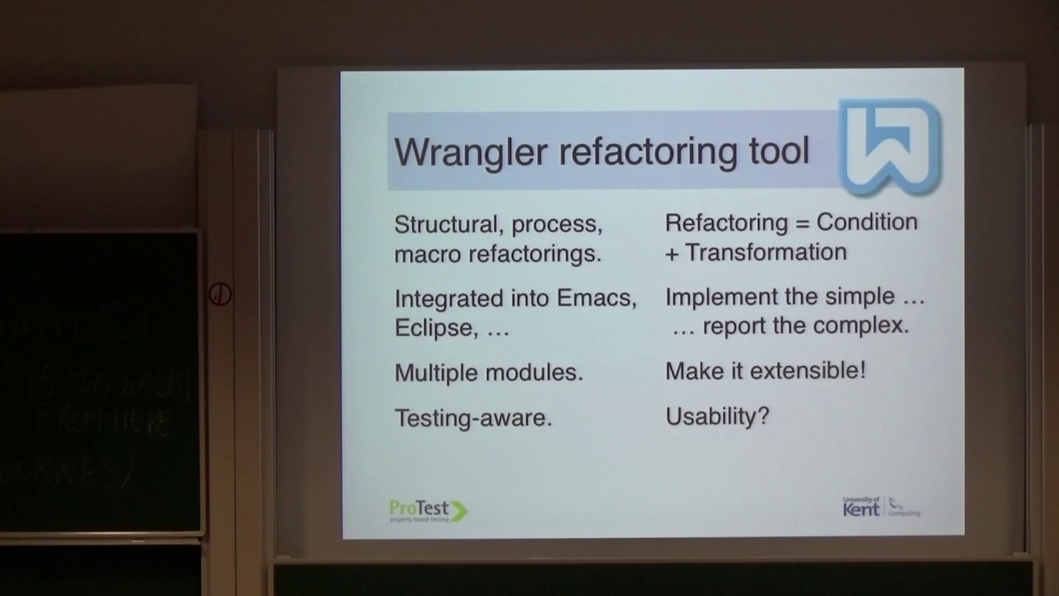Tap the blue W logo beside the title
890,146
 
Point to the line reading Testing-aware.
472,418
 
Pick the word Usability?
717,416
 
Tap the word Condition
867,222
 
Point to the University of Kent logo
880,507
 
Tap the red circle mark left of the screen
220,294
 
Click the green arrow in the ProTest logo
458,511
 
